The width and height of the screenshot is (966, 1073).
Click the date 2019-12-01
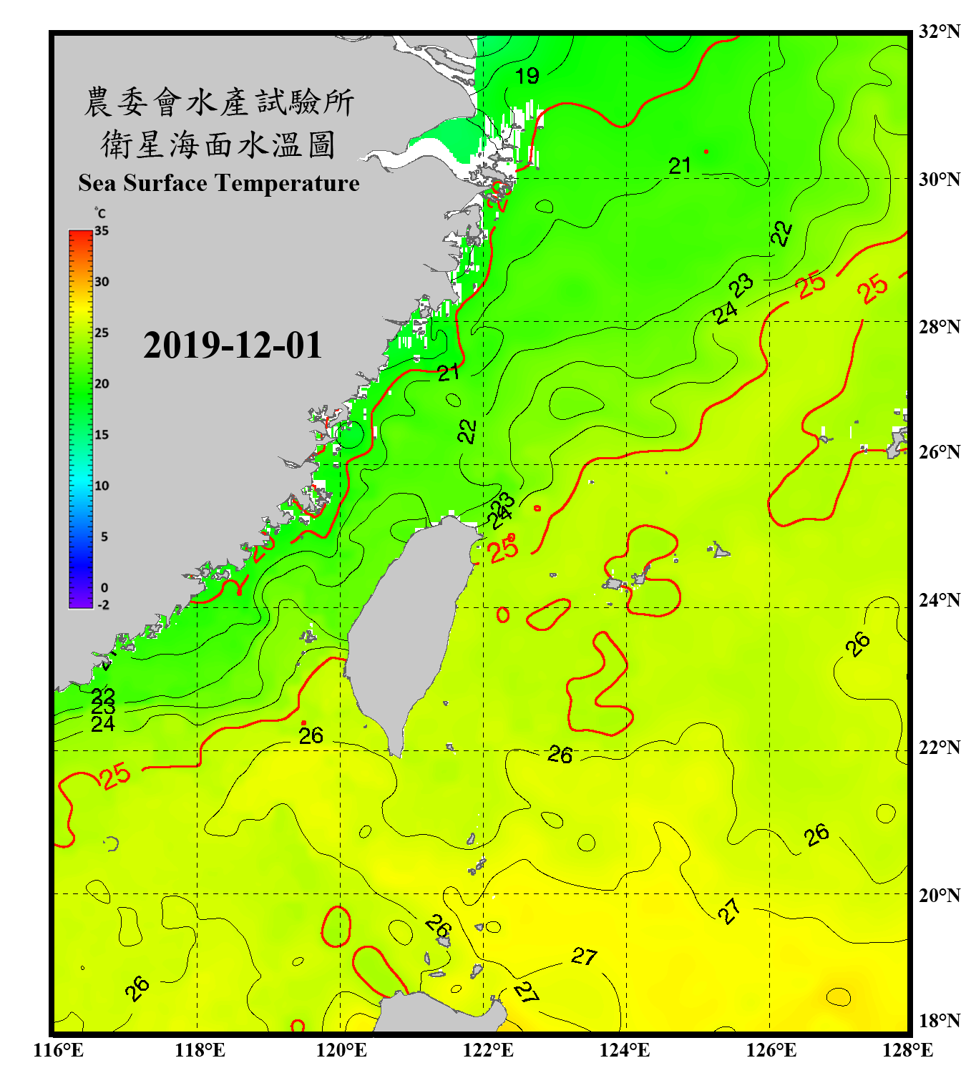click(x=233, y=346)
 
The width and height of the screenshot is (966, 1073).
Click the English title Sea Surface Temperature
click(x=219, y=183)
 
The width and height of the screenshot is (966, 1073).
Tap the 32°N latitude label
click(x=939, y=31)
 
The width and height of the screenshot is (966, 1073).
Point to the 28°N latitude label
click(x=939, y=327)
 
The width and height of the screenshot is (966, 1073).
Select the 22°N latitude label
click(x=939, y=748)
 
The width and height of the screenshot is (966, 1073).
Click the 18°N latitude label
click(x=939, y=1021)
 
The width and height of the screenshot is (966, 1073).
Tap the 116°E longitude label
click(x=59, y=1050)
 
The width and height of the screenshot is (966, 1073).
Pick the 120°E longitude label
click(x=341, y=1050)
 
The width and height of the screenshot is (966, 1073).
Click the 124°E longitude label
click(x=625, y=1050)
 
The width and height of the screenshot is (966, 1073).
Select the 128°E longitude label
click(x=907, y=1050)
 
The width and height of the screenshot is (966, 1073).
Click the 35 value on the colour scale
click(x=102, y=231)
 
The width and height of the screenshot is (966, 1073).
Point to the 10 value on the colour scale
click(x=102, y=486)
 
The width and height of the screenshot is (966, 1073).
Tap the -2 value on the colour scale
click(x=103, y=604)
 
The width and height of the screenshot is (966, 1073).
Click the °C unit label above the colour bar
click(x=100, y=213)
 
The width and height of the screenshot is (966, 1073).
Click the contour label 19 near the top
click(x=527, y=76)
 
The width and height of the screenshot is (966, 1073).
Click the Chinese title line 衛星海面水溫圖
click(x=218, y=144)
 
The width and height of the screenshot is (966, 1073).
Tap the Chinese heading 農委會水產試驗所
click(x=218, y=102)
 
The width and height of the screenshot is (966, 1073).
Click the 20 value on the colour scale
click(x=102, y=384)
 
